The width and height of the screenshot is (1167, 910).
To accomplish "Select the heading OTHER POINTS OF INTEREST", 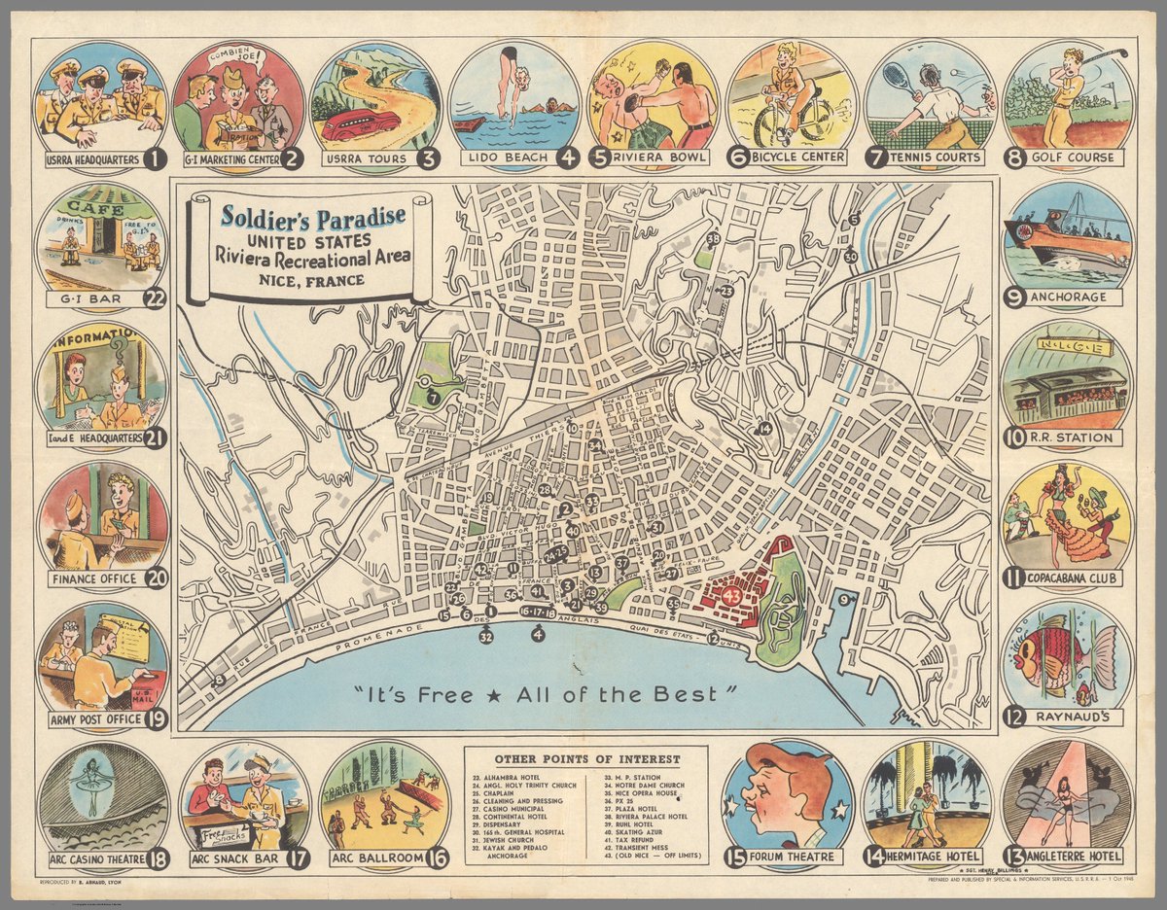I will coord(586,758).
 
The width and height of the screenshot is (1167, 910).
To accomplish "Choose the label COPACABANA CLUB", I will coord(1075,577).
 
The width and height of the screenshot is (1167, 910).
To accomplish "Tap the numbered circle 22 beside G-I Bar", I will coord(155,298).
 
